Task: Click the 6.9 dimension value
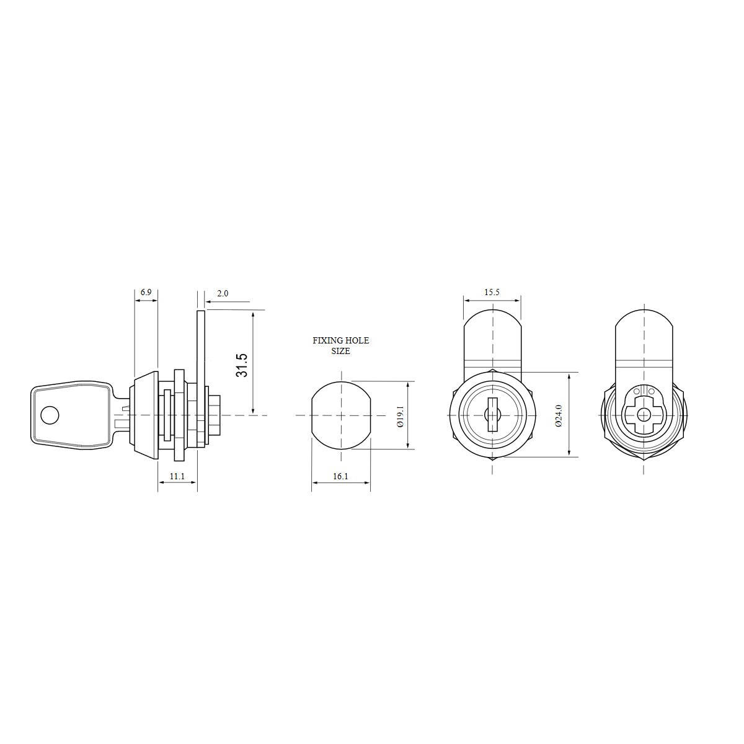pos(146,292)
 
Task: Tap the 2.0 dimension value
pos(223,293)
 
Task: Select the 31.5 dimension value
pos(242,365)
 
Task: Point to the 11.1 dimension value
pos(177,476)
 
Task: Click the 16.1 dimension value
pos(340,476)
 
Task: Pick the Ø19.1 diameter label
pos(400,416)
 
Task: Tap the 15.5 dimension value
pos(492,292)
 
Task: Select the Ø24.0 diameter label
pos(559,415)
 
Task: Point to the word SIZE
pos(340,351)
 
